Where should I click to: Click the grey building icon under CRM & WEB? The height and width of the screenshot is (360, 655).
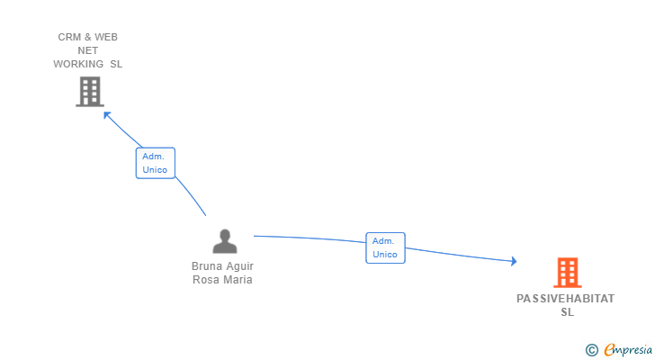89,91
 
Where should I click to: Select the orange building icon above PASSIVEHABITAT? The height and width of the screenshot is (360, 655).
567,272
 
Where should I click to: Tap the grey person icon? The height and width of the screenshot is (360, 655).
224,240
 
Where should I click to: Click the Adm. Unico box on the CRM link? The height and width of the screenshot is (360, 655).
155,163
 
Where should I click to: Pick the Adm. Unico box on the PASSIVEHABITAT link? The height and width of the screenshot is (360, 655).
385,247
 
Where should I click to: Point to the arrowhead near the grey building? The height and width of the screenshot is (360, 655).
107,114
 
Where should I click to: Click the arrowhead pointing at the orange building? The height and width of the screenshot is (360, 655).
514,261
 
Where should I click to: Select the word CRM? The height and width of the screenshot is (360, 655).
69,37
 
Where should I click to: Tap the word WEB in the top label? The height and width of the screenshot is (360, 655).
106,37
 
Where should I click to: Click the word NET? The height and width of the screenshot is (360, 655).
88,50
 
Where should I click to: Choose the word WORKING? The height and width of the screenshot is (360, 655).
78,64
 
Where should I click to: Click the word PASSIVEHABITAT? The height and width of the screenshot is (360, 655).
566,299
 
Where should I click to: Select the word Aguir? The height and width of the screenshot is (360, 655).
240,266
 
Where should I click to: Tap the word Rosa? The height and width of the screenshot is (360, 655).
206,279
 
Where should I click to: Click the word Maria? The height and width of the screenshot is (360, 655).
238,279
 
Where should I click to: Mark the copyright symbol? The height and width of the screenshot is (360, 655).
591,349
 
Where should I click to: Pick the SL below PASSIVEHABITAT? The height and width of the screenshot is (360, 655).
567,312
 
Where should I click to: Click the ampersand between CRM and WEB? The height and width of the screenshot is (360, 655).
89,37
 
